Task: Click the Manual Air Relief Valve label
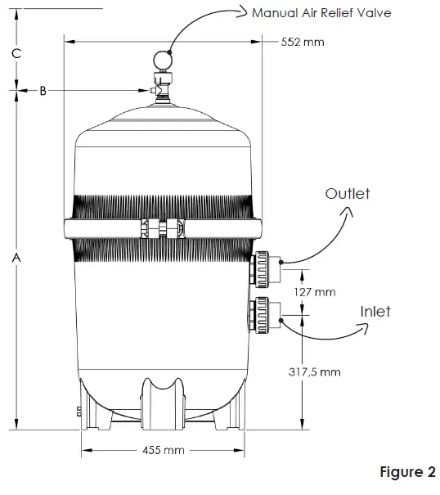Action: click(x=322, y=12)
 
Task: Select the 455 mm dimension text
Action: click(x=163, y=450)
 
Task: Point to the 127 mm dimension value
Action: click(x=314, y=291)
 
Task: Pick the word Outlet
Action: click(x=348, y=194)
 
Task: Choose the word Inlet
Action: click(x=375, y=312)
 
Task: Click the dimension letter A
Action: click(x=16, y=257)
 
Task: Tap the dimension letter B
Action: click(x=44, y=92)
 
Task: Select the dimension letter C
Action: click(x=16, y=53)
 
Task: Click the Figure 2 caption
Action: click(x=407, y=473)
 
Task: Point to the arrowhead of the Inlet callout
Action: click(x=365, y=329)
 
